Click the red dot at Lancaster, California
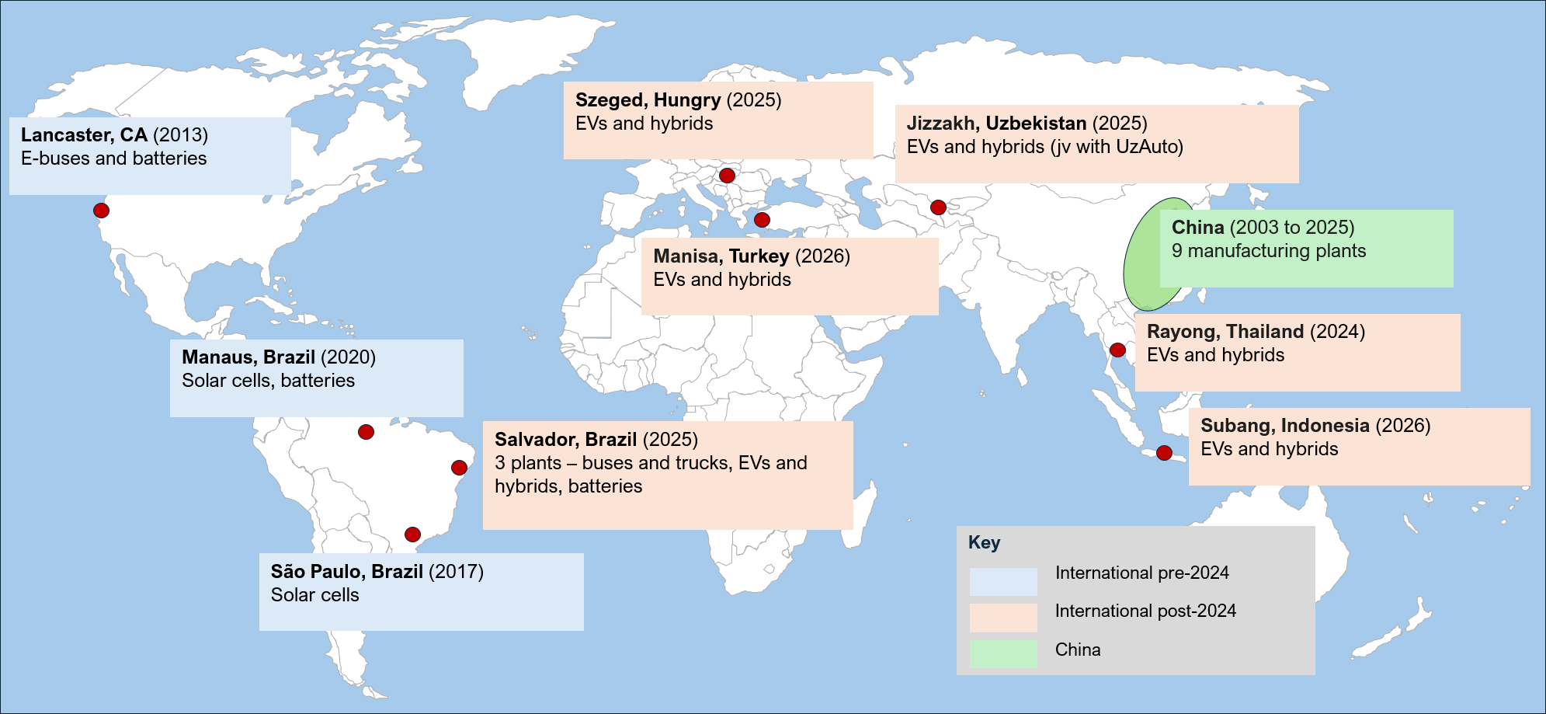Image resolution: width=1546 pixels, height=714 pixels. coord(101,211)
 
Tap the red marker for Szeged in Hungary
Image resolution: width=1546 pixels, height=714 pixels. coord(727,176)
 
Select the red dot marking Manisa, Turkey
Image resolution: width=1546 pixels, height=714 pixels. coord(762,220)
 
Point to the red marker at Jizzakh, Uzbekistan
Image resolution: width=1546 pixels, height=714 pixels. coord(938,207)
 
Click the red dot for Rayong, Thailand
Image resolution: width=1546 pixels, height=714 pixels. coord(1117,350)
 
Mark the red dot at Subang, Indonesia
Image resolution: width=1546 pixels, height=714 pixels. coord(1164,453)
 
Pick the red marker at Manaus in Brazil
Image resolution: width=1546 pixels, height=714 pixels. coord(366,432)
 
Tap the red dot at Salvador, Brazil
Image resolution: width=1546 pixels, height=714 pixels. coord(459,468)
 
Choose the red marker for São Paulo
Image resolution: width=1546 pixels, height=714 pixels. coord(412,535)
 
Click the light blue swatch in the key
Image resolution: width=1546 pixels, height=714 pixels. coord(1003,581)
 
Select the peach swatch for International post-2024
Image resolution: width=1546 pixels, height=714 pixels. coord(1003,618)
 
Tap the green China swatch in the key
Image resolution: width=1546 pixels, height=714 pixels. coord(1003,653)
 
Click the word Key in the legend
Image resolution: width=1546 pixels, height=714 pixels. coord(984,542)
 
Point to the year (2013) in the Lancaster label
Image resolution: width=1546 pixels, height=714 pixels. coord(180,135)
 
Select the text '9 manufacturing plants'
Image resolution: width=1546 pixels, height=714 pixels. coord(1268,251)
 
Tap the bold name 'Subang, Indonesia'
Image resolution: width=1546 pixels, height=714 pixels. coord(1284,426)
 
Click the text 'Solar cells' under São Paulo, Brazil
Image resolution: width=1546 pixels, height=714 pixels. coord(314,595)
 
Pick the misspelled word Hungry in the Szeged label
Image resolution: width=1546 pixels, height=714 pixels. coord(687,100)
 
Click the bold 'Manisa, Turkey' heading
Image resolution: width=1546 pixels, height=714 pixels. coord(721,256)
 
